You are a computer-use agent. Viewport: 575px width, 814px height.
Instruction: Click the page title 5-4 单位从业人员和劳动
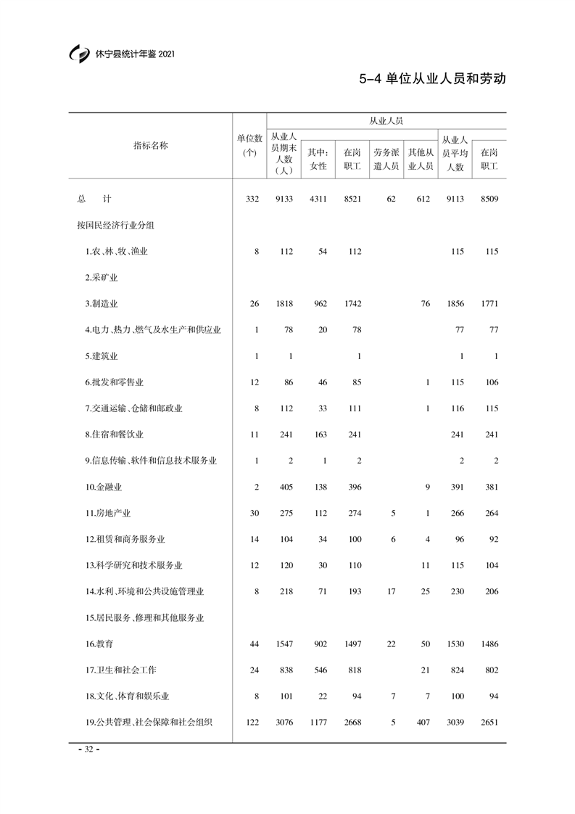(432, 79)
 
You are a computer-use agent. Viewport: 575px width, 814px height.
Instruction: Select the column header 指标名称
(150, 145)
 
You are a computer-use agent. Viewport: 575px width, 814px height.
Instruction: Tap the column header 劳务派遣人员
(386, 160)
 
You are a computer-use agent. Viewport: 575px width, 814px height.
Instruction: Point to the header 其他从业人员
(421, 160)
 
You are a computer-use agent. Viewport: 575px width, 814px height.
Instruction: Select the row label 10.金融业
(104, 487)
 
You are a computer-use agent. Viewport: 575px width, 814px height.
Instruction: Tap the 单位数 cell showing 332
(252, 199)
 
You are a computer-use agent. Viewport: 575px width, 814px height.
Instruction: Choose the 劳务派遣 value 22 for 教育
(391, 644)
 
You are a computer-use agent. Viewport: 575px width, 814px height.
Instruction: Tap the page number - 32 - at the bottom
(88, 749)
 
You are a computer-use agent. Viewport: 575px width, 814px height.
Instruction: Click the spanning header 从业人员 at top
(386, 122)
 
